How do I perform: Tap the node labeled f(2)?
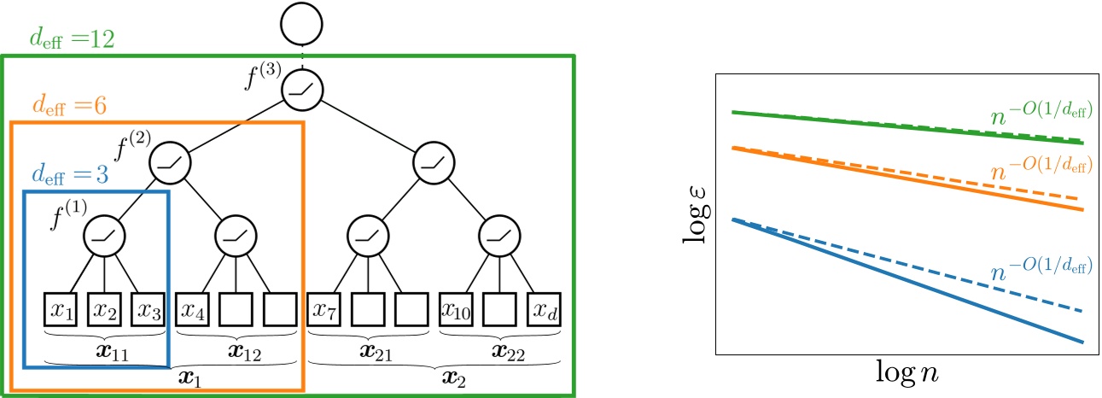(x=171, y=161)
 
